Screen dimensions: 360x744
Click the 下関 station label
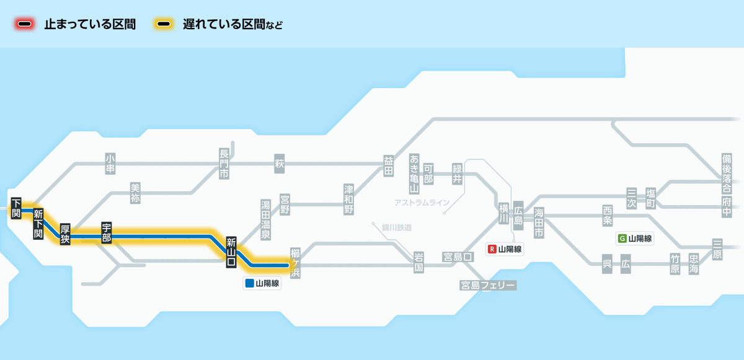coord(16,207)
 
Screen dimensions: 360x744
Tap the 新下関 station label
coord(38,224)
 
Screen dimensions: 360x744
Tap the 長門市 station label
coord(224,164)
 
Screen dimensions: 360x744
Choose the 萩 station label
coord(279,164)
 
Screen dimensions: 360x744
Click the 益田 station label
coord(389,164)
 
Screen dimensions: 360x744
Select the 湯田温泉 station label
coord(265,219)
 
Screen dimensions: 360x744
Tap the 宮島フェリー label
coord(488,285)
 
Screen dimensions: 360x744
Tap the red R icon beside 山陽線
coord(492,249)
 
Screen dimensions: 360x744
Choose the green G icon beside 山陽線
coord(622,239)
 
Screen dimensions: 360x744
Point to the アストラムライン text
coord(422,203)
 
